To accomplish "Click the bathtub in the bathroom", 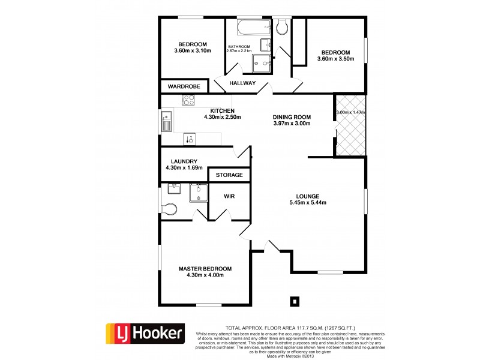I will (245, 28).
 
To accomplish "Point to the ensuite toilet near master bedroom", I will (170, 209).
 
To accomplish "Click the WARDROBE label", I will (183, 87).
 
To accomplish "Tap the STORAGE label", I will (229, 175).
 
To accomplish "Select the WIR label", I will (229, 196).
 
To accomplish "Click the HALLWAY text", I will (243, 83).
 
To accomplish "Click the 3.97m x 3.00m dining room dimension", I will (291, 124).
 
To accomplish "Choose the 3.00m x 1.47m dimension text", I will (350, 112).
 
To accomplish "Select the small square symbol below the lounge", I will (294, 301).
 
